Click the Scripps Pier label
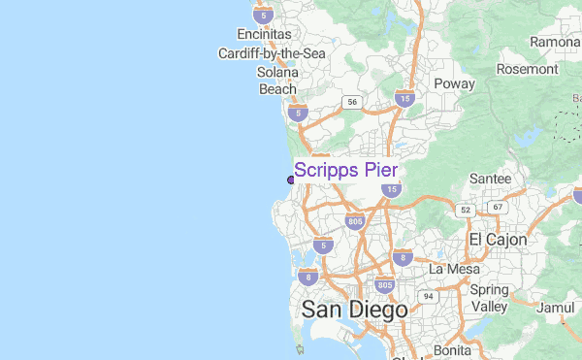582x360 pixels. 345,171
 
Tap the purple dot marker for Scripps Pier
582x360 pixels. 291,180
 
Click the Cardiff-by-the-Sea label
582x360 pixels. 272,53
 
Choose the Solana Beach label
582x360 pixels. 277,81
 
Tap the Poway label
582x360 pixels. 454,83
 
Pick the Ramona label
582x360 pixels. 554,43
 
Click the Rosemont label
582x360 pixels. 528,69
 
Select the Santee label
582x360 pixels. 491,180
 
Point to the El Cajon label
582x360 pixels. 498,239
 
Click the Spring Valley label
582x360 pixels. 489,298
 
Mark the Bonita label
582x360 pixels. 453,349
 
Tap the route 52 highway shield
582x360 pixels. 466,210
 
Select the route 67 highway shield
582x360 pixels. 498,207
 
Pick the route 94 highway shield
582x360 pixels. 427,295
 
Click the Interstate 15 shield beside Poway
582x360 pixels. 404,99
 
